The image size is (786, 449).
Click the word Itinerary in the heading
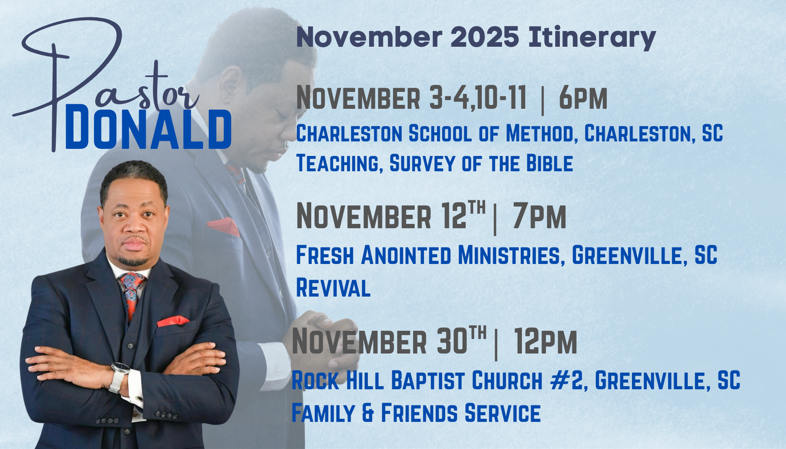(592, 37)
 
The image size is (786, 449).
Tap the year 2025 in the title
(485, 36)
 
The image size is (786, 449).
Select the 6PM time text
(583, 98)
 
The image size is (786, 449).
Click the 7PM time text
(539, 217)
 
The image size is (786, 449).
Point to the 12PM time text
(545, 341)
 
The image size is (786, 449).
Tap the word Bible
(549, 163)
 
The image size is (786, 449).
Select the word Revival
(333, 287)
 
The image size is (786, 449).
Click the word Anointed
(406, 255)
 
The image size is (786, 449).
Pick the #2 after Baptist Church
(567, 380)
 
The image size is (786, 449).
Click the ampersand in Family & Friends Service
(368, 412)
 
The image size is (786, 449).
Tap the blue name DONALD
(148, 129)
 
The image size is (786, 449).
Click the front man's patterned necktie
(132, 294)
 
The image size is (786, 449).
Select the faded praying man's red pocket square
(223, 227)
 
